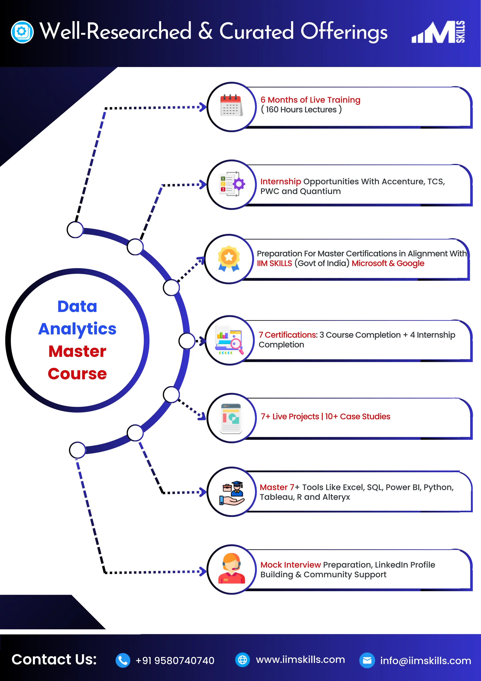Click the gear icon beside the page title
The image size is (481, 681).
pos(22,32)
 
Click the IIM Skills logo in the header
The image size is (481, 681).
pos(438,32)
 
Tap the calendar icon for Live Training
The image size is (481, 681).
pos(231,106)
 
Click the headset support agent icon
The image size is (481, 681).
pos(231,569)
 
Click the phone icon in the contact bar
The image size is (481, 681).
pos(123,660)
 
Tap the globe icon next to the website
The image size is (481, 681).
pos(242,660)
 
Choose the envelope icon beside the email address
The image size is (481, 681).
pos(367,660)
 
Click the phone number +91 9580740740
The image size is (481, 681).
pos(175,661)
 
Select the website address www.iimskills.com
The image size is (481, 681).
pos(300,659)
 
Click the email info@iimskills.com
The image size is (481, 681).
pos(425,661)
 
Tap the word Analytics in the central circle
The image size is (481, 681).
pos(77,329)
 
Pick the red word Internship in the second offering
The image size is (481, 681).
pos(280,181)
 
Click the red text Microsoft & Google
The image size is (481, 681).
pos(388,263)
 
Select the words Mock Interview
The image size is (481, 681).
pos(290,565)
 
